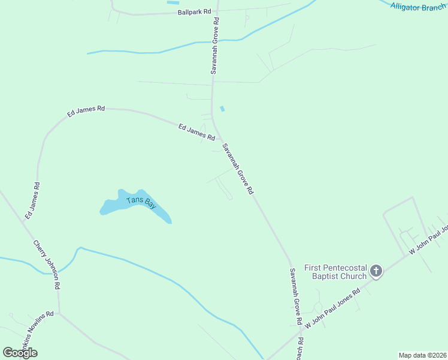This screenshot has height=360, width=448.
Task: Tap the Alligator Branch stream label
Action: pos(418,8)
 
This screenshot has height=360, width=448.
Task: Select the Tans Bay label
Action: pos(141,202)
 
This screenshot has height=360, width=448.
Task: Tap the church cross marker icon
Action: pos(376,271)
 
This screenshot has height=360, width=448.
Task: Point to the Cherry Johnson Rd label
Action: pos(47,265)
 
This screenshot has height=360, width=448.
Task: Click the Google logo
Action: pos(20,352)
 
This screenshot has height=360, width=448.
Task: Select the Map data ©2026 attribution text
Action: pos(422,355)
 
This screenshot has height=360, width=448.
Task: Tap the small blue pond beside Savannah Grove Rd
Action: pos(223,109)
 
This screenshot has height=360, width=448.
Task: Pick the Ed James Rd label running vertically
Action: pos(32,200)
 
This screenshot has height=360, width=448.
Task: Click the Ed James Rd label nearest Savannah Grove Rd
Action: pos(196,131)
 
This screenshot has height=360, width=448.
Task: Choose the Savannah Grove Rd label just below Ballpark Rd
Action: pos(215,46)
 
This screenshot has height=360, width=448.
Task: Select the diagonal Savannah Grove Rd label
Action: pos(238,169)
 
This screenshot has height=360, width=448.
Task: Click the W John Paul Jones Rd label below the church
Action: pos(332,308)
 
